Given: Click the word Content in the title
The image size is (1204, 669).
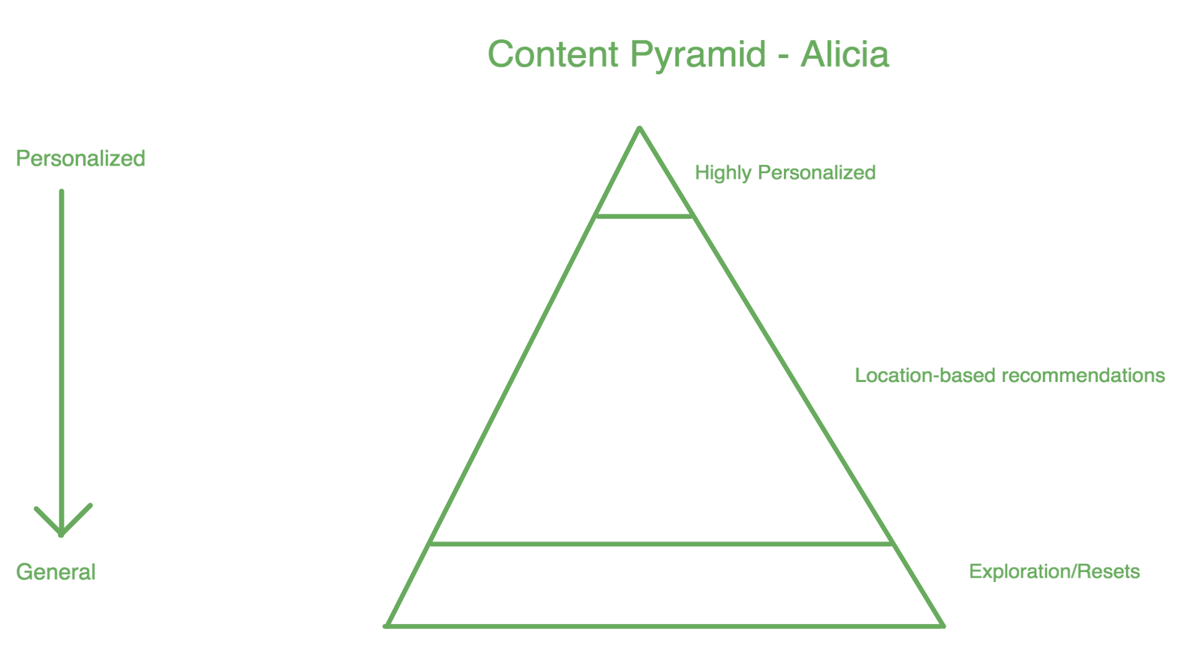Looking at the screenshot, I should pyautogui.click(x=553, y=54).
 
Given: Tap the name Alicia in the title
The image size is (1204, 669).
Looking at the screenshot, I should pyautogui.click(x=845, y=54).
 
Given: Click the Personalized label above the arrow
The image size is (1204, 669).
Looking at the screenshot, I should pyautogui.click(x=81, y=158).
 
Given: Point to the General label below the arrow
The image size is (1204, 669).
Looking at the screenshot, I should pyautogui.click(x=56, y=572).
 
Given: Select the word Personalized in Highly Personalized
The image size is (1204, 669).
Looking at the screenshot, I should pyautogui.click(x=816, y=173).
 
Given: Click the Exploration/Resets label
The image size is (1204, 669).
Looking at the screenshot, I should pyautogui.click(x=1054, y=571).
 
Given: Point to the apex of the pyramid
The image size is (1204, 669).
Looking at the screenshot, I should pyautogui.click(x=640, y=128).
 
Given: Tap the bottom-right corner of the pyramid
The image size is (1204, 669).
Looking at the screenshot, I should pyautogui.click(x=943, y=625).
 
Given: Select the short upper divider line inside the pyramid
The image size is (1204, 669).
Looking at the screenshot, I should pyautogui.click(x=645, y=216).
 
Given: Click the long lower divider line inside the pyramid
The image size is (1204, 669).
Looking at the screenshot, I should pyautogui.click(x=661, y=544).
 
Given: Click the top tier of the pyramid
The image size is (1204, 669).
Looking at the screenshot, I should pyautogui.click(x=642, y=188).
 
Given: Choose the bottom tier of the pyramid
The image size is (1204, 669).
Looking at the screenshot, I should pyautogui.click(x=663, y=585).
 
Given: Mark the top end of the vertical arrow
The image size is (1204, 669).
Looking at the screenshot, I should pyautogui.click(x=62, y=192).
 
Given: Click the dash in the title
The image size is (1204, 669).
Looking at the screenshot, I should pyautogui.click(x=783, y=56).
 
